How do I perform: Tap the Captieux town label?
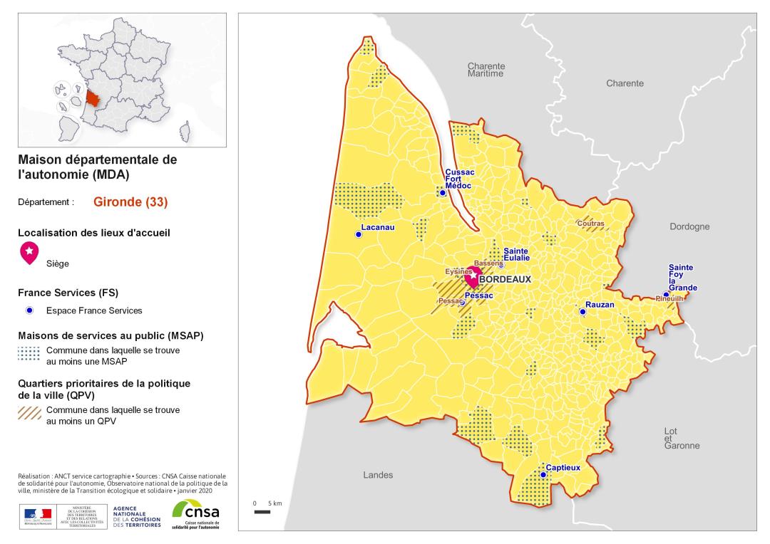click(563, 468)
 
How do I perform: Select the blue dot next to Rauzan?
click(582, 311)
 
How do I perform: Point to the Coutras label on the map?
click(591, 224)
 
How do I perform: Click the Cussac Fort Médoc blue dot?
click(443, 192)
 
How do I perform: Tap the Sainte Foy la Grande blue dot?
click(666, 294)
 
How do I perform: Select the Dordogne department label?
click(689, 226)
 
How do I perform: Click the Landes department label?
click(378, 475)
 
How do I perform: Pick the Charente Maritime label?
click(486, 70)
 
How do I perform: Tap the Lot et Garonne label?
click(682, 439)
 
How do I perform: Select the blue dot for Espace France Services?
click(29, 310)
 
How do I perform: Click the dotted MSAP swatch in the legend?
click(29, 355)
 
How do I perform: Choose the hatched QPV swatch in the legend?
click(29, 414)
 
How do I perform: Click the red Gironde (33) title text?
click(130, 202)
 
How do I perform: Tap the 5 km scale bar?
click(262, 511)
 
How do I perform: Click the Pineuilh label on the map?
click(669, 299)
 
